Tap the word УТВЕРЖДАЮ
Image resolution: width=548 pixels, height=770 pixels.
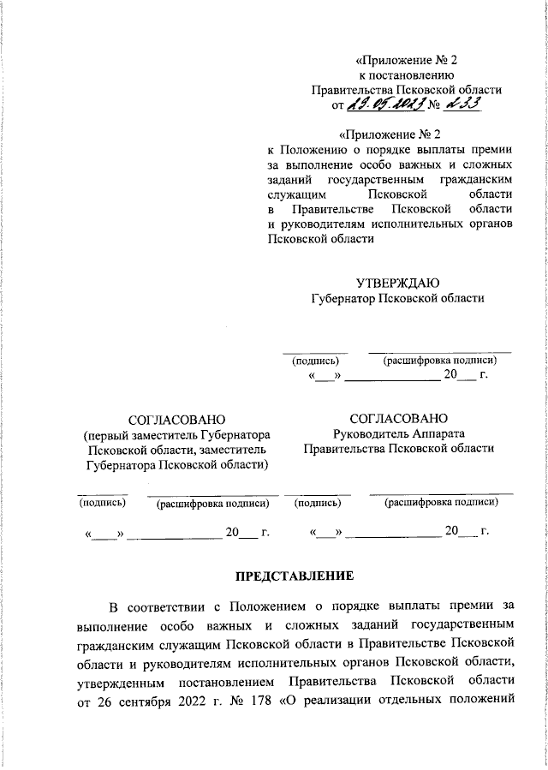[x=398, y=283]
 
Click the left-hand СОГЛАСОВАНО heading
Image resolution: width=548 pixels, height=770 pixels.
[x=176, y=420]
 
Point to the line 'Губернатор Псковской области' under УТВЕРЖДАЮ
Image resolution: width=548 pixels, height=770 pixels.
[x=398, y=298]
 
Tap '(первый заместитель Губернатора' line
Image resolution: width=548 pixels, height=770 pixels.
[x=176, y=435]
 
